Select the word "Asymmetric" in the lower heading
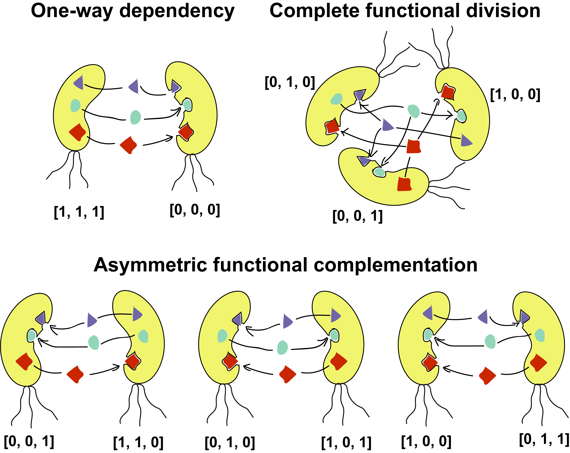pyautogui.click(x=150, y=265)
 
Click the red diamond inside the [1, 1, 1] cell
pyautogui.click(x=77, y=132)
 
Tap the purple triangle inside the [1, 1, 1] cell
pyautogui.click(x=79, y=83)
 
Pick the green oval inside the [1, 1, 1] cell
pyautogui.click(x=75, y=105)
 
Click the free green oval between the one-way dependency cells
pyautogui.click(x=136, y=117)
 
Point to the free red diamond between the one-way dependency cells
pyautogui.click(x=128, y=145)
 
